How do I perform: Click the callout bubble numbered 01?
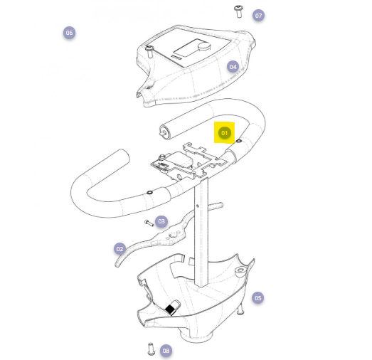(225, 133)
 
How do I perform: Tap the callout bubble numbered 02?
(119, 249)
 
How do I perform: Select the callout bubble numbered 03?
(161, 221)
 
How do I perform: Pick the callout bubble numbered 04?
(233, 67)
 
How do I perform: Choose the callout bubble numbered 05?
(258, 298)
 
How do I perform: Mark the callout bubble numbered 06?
(69, 33)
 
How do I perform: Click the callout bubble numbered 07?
(258, 16)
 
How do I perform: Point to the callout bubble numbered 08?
(166, 351)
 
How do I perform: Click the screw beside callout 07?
(238, 11)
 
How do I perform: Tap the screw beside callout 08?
(151, 349)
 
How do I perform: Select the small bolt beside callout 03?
(149, 223)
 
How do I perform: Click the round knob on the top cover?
(204, 46)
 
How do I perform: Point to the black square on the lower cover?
(170, 309)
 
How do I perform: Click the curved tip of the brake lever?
(117, 263)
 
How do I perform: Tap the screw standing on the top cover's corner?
(149, 51)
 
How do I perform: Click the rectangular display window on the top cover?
(186, 48)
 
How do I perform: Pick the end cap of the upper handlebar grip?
(164, 132)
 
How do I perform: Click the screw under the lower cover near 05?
(240, 309)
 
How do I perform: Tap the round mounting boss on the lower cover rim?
(240, 271)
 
